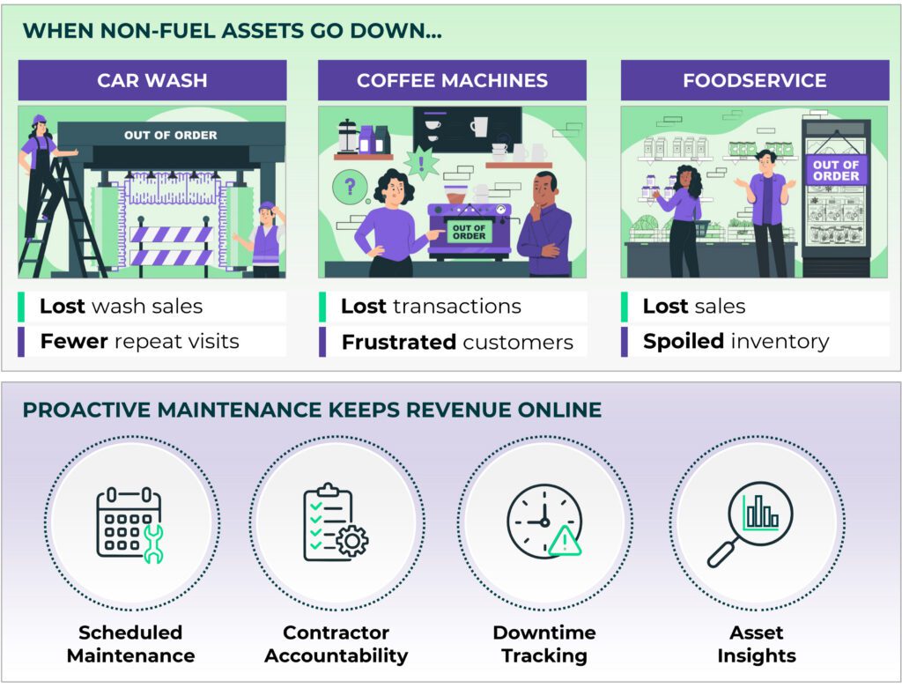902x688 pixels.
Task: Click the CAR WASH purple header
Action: [152, 80]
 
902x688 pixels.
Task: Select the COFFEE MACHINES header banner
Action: [452, 80]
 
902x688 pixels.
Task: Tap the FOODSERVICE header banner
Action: [754, 80]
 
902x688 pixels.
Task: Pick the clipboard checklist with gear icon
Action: [335, 523]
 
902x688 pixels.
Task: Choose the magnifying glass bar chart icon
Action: [750, 523]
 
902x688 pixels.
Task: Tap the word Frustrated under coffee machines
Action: [398, 342]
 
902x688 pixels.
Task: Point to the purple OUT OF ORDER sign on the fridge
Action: [835, 170]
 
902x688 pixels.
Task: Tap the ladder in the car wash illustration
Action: [48, 220]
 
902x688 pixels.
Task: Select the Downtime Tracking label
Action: [544, 644]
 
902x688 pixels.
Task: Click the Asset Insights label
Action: [757, 644]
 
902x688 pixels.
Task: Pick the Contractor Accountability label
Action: [336, 644]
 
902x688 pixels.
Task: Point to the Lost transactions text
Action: [431, 306]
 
